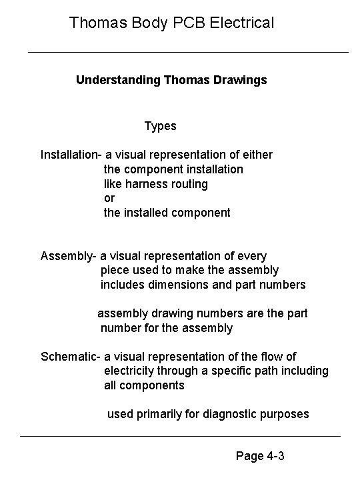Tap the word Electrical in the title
(x=241, y=23)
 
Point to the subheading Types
(x=160, y=125)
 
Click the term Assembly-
(x=69, y=256)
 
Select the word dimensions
(x=177, y=285)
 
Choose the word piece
(x=115, y=270)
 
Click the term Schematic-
(x=71, y=356)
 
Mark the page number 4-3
(x=275, y=457)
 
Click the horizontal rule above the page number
(x=180, y=436)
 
